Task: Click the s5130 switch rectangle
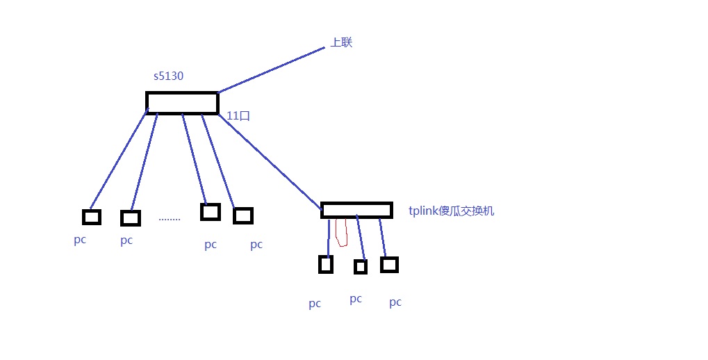pos(183,103)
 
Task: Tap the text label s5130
pos(168,76)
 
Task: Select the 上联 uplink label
pos(341,42)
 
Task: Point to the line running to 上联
pos(272,70)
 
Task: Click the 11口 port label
pos(238,115)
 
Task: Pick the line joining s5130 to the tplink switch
pos(270,162)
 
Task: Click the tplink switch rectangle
pos(356,210)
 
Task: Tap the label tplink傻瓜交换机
pos(451,211)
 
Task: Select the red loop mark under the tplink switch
pos(342,232)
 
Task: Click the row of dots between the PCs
pos(170,220)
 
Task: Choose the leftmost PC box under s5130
pos(91,217)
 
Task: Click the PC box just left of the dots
pos(131,218)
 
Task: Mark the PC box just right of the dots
pos(211,212)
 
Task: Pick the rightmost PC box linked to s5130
pos(243,215)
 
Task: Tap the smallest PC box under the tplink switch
pos(361,267)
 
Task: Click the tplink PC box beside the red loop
pos(326,265)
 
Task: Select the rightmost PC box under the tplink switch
pos(389,265)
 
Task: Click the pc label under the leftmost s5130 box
pos(80,240)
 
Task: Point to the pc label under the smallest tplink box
pos(356,299)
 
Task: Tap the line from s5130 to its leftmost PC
pos(120,158)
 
